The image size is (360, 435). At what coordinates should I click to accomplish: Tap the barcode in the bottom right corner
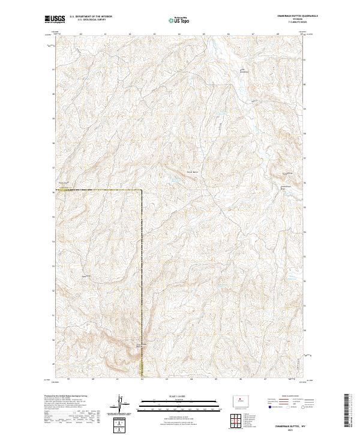[347, 410]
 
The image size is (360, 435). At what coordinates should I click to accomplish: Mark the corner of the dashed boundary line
[142, 190]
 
